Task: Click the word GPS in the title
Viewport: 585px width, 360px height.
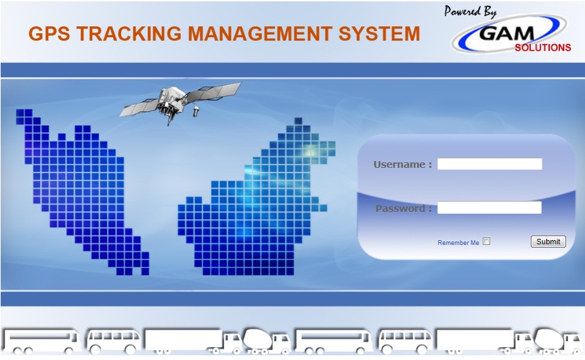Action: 49,34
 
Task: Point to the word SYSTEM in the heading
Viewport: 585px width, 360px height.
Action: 379,34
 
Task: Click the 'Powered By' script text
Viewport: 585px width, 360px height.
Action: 470,12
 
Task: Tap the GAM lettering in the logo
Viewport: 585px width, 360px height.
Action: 506,34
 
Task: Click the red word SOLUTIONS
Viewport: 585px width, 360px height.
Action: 543,48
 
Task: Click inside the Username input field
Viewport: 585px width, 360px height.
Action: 490,164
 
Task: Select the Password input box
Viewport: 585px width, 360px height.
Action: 489,208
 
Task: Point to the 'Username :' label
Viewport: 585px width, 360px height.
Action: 403,164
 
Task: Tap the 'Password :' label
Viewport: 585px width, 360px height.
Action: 404,208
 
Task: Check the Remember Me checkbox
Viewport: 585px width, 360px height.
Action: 487,242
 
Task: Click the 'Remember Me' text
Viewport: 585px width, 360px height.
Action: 458,243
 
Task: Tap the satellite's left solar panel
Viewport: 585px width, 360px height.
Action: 139,108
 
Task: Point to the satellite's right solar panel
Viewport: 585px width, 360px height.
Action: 213,92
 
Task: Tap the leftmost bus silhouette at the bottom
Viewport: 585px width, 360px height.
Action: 41,341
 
